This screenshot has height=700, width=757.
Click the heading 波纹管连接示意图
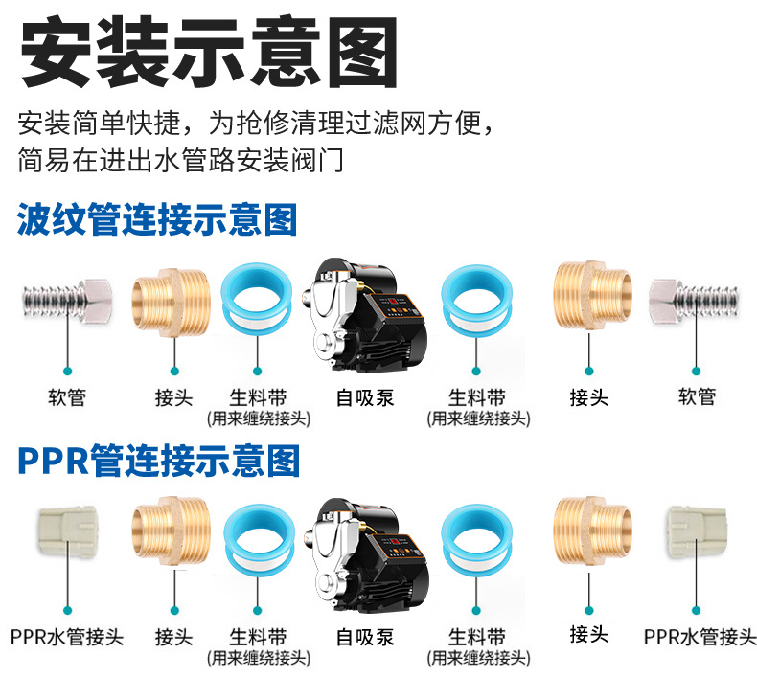[x=158, y=220]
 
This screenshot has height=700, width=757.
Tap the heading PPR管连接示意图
[x=159, y=461]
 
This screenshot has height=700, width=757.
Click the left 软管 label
[x=67, y=396]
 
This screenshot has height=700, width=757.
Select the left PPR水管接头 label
[x=67, y=637]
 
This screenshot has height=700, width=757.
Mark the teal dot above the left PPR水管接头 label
[x=67, y=609]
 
